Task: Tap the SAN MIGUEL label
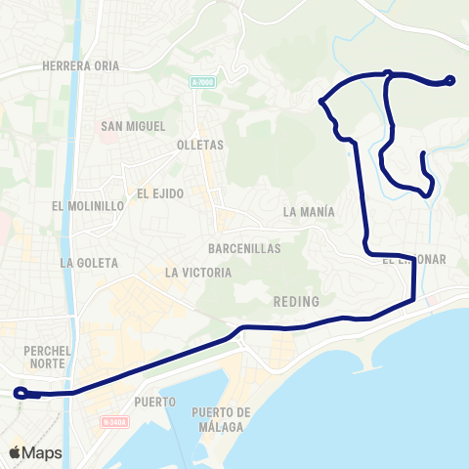[x=133, y=126]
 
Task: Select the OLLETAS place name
[x=200, y=145]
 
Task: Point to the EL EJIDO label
[x=161, y=193]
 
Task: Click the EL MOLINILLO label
[x=88, y=206]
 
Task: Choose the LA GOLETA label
[x=89, y=263]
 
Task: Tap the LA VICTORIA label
[x=198, y=273]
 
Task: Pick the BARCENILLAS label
[x=244, y=248]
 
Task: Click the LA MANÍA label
[x=308, y=211]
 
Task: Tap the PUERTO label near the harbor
[x=156, y=402]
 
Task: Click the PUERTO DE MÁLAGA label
[x=223, y=418]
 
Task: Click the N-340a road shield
[x=113, y=422]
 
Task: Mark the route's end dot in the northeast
[x=450, y=81]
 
